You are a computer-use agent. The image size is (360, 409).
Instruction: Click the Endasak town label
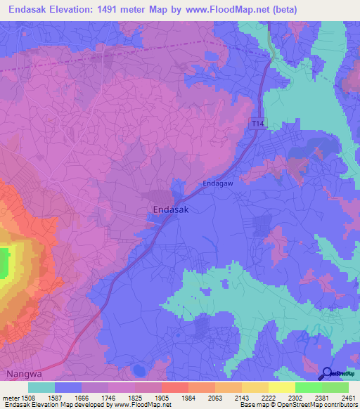(x=171, y=209)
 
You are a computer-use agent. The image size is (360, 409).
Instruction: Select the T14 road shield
(x=259, y=124)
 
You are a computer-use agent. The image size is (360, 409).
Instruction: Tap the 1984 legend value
(x=175, y=397)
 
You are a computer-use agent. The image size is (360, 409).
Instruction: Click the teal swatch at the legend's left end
(x=41, y=387)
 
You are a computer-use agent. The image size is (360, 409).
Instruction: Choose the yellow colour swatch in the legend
(x=281, y=387)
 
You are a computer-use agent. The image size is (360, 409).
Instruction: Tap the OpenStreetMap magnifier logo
(x=327, y=374)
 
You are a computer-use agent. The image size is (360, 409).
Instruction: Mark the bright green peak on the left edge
(x=4, y=262)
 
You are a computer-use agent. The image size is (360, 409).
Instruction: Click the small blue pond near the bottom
(x=139, y=370)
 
